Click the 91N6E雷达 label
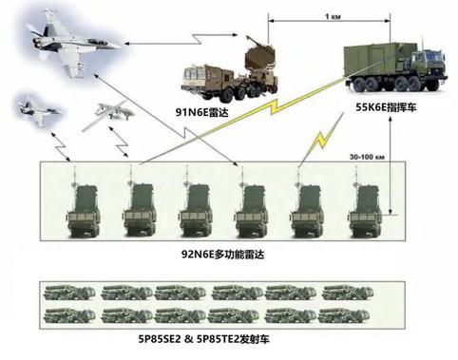[x=201, y=112]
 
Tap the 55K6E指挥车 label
[x=386, y=107]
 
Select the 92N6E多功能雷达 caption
[x=222, y=255]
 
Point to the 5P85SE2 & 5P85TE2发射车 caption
[x=203, y=339]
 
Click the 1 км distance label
[x=333, y=16]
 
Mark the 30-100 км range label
[x=367, y=157]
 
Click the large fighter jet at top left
[x=73, y=42]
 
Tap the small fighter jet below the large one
[x=39, y=111]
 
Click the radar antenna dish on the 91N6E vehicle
[x=259, y=57]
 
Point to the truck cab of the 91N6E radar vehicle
[x=194, y=78]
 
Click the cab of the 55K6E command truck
[x=429, y=68]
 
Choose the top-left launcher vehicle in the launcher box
[x=69, y=292]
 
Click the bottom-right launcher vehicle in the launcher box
[x=344, y=315]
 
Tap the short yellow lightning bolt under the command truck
[x=321, y=139]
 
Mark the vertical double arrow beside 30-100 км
[x=391, y=165]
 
